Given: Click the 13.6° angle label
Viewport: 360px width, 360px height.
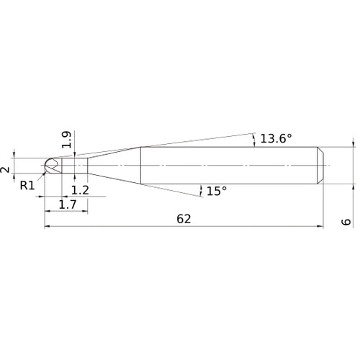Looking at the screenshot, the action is [276, 139].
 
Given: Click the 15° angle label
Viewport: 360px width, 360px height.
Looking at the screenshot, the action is [217, 191].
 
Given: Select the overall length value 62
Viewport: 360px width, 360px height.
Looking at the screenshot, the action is [184, 219].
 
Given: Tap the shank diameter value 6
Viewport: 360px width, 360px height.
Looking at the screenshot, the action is [346, 222].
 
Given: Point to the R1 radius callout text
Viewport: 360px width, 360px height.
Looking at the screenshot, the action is [27, 186].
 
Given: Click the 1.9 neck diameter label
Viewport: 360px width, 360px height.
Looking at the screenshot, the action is [66, 140].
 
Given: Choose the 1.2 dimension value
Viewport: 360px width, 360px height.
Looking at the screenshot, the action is [80, 190].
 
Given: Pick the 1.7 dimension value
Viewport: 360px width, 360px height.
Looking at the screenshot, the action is [68, 204].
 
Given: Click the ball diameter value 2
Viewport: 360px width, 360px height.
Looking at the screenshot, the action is [5, 170].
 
